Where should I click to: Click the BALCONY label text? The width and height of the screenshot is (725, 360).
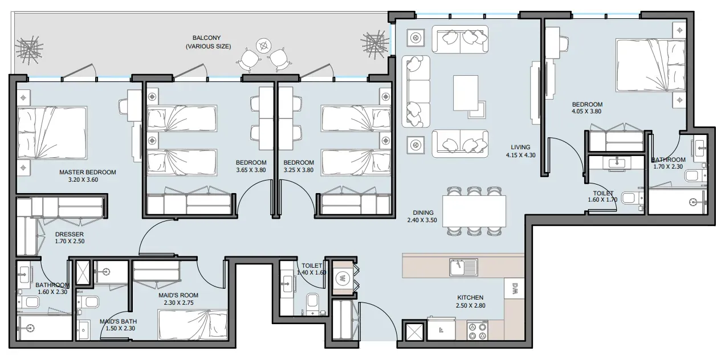click(206, 38)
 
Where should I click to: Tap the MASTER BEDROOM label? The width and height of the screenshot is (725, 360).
click(87, 172)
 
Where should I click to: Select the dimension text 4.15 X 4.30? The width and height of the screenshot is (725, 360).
click(521, 155)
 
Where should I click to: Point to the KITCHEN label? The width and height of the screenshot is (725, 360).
click(470, 297)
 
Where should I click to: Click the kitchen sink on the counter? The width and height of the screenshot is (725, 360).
click(463, 267)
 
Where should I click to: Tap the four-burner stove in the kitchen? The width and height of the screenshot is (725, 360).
click(478, 331)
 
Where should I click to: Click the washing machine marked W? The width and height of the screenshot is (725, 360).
click(342, 278)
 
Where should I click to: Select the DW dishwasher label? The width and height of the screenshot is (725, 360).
click(515, 288)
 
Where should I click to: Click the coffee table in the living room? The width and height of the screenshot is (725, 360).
click(466, 93)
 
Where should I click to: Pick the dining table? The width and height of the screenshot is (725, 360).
click(474, 211)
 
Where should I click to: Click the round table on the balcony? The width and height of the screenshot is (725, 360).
click(263, 46)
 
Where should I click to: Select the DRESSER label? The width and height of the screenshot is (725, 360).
click(70, 234)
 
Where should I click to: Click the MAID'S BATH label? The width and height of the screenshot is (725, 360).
click(118, 321)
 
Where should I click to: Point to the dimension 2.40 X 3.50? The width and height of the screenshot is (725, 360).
click(422, 220)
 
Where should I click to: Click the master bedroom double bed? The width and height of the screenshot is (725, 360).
click(52, 133)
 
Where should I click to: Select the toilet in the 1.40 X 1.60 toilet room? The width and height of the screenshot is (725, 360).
click(313, 303)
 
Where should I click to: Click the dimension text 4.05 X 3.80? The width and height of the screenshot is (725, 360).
click(586, 111)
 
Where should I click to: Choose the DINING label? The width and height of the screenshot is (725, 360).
click(423, 212)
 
